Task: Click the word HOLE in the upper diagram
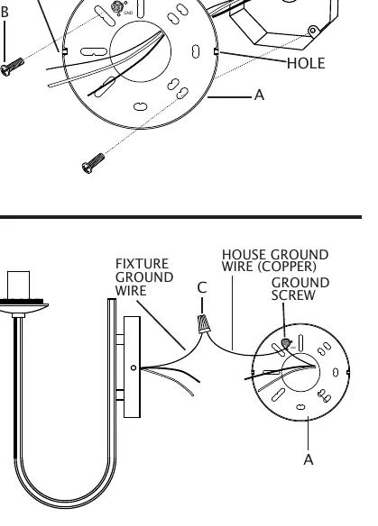tap(306, 63)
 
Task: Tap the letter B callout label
tap(5, 12)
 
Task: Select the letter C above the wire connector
tap(202, 288)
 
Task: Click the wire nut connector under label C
tap(204, 323)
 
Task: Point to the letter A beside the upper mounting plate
tap(259, 95)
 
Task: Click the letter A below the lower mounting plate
tap(309, 459)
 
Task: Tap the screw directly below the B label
tap(12, 67)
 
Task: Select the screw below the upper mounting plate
tap(93, 163)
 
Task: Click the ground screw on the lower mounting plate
tap(286, 343)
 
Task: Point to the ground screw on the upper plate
tap(117, 7)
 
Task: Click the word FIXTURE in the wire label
tap(142, 264)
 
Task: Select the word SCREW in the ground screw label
tap(293, 295)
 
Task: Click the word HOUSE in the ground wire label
tap(244, 255)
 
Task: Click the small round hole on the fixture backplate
tap(134, 368)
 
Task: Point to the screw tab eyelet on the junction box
tap(313, 31)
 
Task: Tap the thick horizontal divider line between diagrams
tap(180, 217)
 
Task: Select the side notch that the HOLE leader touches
tap(216, 51)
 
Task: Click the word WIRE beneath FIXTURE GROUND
tap(131, 291)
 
